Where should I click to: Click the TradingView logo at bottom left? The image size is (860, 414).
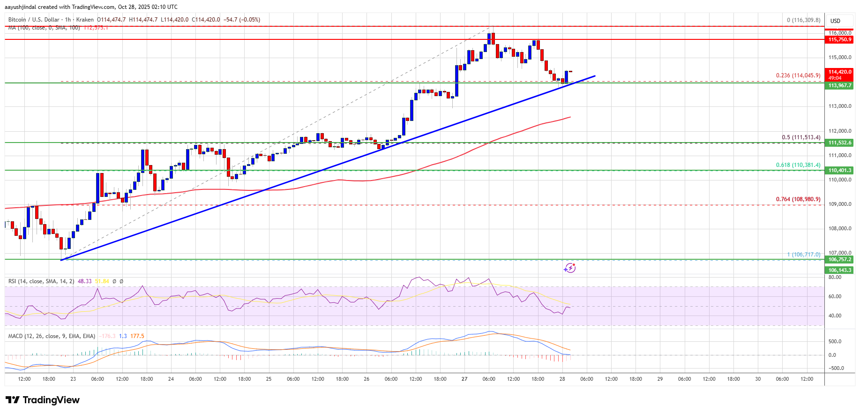[43, 400]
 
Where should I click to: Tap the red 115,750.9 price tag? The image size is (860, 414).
[839, 40]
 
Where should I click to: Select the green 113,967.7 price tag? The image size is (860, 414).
[839, 86]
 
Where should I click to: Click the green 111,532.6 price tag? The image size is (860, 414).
[839, 143]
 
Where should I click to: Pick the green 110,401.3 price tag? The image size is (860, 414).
[839, 171]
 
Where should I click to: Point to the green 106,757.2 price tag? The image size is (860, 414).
[839, 260]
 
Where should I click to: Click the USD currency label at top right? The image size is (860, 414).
[835, 21]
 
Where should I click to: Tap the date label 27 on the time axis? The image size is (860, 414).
[464, 379]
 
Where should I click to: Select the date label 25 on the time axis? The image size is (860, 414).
[269, 379]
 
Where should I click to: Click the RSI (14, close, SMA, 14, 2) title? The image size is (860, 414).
[41, 281]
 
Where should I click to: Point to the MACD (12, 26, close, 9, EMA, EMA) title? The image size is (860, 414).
[52, 336]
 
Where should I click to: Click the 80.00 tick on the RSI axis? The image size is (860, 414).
[835, 278]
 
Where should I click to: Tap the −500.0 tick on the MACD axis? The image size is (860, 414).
[836, 369]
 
